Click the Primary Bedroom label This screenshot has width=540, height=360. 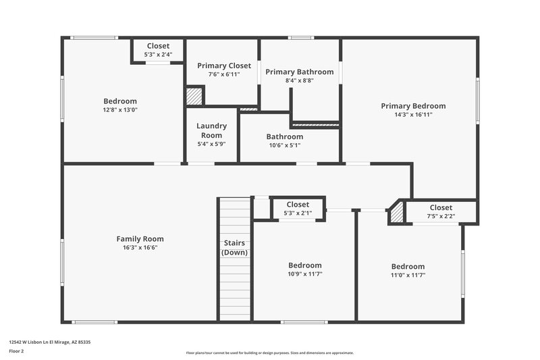point(413,106)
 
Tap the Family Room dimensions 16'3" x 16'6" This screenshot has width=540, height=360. point(140,248)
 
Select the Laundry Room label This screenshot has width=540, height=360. point(211,130)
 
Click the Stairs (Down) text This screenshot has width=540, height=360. point(234,247)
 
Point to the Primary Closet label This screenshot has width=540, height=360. point(224,66)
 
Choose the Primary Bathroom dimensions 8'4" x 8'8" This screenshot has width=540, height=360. point(299,80)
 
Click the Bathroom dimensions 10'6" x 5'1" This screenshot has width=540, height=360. point(284,145)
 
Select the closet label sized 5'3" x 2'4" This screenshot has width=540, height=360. point(158,46)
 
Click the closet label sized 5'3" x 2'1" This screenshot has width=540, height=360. point(298,205)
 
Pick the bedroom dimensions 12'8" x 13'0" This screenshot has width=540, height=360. point(120,109)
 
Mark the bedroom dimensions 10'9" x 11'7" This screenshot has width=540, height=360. point(304,274)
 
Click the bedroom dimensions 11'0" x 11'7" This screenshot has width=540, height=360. point(408,275)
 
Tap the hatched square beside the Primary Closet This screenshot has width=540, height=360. point(194,96)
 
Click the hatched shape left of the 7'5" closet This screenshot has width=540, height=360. point(398,213)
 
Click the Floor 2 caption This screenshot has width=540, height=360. point(16,352)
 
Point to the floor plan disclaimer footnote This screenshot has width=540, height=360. point(269,353)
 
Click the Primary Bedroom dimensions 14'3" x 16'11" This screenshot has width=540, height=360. point(413,115)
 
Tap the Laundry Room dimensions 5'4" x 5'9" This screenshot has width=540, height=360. point(211,144)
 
